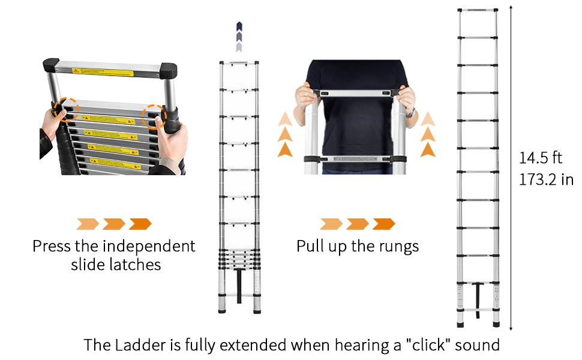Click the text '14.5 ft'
(540, 158)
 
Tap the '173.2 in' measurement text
(545, 179)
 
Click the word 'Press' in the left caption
(52, 246)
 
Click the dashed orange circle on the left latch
(64, 110)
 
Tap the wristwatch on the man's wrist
(410, 112)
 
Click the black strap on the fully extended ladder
(478, 296)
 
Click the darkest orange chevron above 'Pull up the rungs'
(384, 224)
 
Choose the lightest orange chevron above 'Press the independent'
(88, 224)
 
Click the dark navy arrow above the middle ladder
(239, 26)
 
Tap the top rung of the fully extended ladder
(478, 10)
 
